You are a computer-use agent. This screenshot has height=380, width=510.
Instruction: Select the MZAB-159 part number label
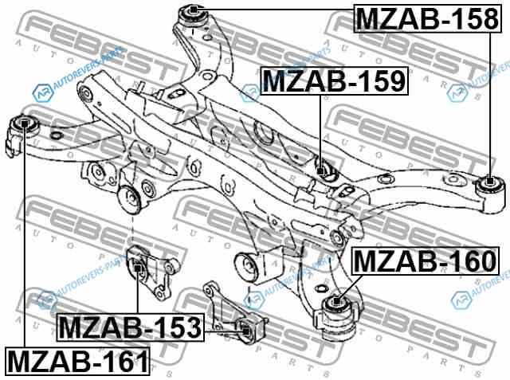coord(335,80)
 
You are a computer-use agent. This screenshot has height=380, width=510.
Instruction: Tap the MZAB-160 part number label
coord(426,261)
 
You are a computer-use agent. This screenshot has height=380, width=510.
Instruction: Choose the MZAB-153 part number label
coord(131,327)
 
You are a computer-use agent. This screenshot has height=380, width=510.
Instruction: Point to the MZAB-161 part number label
coord(77,361)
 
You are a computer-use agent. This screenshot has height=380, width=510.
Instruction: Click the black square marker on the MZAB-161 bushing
coord(25,123)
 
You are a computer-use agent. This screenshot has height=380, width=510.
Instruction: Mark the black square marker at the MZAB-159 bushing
coord(320,170)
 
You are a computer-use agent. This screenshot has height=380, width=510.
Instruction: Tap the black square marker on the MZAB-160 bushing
coord(336,301)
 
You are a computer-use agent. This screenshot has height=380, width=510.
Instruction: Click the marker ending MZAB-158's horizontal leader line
coord(194,10)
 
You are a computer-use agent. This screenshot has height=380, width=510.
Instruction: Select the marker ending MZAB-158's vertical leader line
coord(490,180)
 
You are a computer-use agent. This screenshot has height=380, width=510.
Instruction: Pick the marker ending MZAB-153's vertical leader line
coord(137,268)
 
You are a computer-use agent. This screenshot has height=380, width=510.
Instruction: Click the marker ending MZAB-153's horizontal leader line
coord(246,331)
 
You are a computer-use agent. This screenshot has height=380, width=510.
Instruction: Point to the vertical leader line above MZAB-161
coord(25,237)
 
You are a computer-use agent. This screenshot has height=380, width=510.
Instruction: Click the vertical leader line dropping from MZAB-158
coord(490,104)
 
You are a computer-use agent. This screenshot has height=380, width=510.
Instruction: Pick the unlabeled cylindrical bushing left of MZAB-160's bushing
coord(247,266)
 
